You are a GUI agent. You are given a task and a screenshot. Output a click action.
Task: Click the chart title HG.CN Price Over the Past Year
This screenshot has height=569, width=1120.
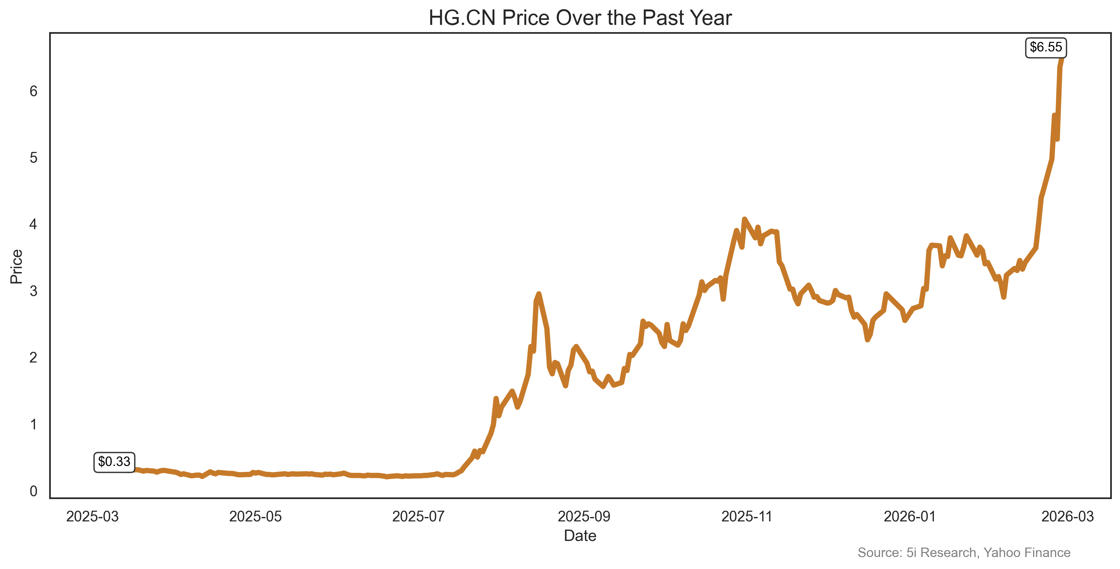(580, 18)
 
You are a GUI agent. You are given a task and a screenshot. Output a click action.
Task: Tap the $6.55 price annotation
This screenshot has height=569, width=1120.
(1046, 47)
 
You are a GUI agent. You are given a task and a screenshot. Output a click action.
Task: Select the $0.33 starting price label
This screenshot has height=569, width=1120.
(114, 462)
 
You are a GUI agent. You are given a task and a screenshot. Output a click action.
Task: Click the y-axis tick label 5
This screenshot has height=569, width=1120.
(33, 158)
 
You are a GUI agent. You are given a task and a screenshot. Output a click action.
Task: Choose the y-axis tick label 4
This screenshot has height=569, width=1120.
(33, 224)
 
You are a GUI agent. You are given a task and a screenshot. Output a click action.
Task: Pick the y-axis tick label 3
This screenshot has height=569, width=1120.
(33, 291)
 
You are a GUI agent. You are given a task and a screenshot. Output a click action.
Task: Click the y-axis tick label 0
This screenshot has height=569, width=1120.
(33, 491)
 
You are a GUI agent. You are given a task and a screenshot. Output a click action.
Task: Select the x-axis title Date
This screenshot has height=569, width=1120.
(580, 536)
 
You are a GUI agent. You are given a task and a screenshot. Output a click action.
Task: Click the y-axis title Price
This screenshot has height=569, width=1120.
(16, 266)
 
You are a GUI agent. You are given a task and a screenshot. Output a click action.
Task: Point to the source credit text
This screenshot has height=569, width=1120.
(964, 553)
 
